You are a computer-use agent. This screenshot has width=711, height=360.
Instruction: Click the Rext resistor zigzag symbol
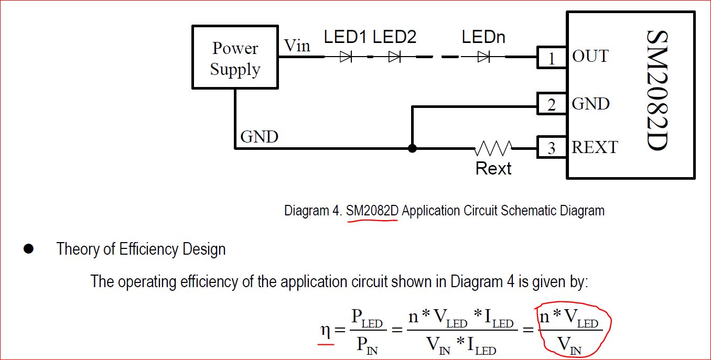pyautogui.click(x=493, y=148)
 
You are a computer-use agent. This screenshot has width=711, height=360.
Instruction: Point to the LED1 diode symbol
pyautogui.click(x=346, y=57)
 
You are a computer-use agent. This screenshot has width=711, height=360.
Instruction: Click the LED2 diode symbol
pyautogui.click(x=394, y=57)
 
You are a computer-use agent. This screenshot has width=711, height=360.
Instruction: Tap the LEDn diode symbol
pyautogui.click(x=483, y=57)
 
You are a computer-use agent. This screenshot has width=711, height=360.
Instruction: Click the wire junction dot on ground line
pyautogui.click(x=412, y=148)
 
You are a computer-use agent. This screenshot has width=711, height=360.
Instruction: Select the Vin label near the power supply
pyautogui.click(x=297, y=46)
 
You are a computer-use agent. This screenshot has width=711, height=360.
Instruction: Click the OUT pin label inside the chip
pyautogui.click(x=590, y=56)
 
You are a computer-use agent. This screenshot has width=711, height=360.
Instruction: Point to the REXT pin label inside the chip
pyautogui.click(x=595, y=147)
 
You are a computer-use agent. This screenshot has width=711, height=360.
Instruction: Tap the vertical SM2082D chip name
pyautogui.click(x=657, y=91)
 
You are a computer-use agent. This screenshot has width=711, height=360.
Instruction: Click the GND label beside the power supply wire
pyautogui.click(x=260, y=137)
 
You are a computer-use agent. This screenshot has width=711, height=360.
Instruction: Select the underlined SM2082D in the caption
pyautogui.click(x=372, y=211)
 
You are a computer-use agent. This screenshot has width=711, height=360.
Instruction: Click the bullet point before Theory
pyautogui.click(x=28, y=249)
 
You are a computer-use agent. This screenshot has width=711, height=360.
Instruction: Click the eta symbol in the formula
pyautogui.click(x=325, y=330)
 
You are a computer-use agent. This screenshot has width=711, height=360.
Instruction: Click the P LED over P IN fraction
pyautogui.click(x=368, y=331)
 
